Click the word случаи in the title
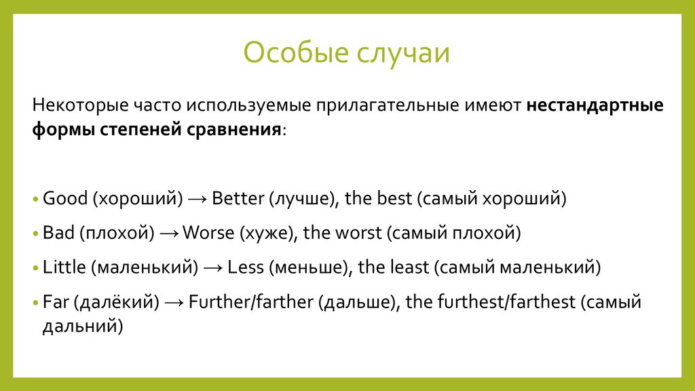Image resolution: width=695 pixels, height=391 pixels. point(403,53)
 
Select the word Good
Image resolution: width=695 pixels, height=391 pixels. point(65,198)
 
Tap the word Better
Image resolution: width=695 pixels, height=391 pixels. point(238,198)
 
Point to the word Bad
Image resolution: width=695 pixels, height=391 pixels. point(58,233)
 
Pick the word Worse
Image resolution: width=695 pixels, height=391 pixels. point(208,233)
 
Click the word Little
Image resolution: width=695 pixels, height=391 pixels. point(64,267)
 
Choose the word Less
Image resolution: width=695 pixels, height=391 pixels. point(246,267)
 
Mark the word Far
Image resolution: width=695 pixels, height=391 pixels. point(56,302)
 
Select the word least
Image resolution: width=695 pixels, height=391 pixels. point(410,267)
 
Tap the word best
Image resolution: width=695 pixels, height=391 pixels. point(394,198)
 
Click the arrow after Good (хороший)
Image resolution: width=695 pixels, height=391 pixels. point(198,199)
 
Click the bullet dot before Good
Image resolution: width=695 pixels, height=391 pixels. point(36,199)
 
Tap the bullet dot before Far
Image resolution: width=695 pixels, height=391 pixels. point(36,303)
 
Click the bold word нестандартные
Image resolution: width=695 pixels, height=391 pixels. point(595,105)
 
